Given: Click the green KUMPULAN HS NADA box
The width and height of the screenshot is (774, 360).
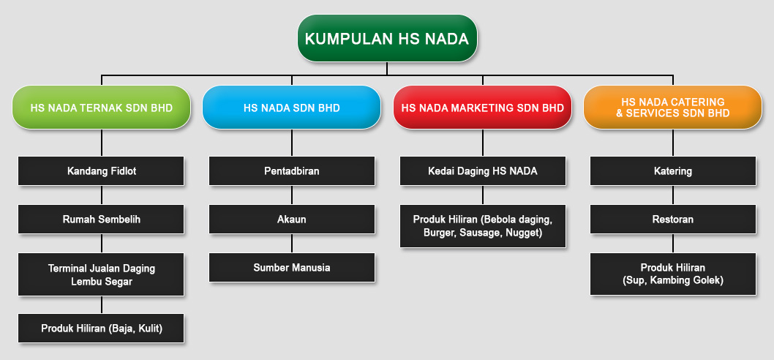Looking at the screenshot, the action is point(387,39).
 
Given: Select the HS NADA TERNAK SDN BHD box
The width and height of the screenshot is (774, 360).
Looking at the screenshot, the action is point(101,108).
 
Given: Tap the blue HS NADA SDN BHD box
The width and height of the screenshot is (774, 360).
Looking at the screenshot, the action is point(292,108).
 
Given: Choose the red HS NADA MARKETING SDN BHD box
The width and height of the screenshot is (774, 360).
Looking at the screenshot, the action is point(482,108).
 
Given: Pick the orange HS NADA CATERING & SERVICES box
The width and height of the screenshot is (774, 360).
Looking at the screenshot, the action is point(673,108).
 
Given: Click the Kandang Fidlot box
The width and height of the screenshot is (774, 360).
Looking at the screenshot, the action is point(101,171).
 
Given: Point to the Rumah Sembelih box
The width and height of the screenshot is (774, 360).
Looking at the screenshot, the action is point(101,220).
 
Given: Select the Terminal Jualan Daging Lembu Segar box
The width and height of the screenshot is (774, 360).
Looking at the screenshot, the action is point(101,274).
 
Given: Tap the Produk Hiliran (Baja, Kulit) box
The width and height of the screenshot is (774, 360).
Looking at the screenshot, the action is point(101,328).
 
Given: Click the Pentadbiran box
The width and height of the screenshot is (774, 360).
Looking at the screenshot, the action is point(292,171).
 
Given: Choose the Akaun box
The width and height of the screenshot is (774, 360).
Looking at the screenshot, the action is point(292,220).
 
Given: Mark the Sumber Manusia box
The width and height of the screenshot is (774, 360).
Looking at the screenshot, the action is point(292,268).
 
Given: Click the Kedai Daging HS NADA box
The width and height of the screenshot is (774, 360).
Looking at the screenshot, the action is point(483,171).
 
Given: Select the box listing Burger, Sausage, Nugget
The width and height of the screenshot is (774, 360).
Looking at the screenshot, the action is point(483,226).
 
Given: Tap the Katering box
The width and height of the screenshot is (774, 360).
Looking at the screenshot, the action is point(673,171).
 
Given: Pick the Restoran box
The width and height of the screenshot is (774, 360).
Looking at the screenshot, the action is point(673,220).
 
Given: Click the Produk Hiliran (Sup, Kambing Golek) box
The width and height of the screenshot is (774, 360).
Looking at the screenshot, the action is point(673,274).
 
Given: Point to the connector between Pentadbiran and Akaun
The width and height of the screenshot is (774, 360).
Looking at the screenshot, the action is point(292,195).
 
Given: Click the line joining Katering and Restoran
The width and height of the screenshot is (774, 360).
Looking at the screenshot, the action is point(673,195).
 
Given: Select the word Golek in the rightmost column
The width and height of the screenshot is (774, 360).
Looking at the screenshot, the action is point(710,280).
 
